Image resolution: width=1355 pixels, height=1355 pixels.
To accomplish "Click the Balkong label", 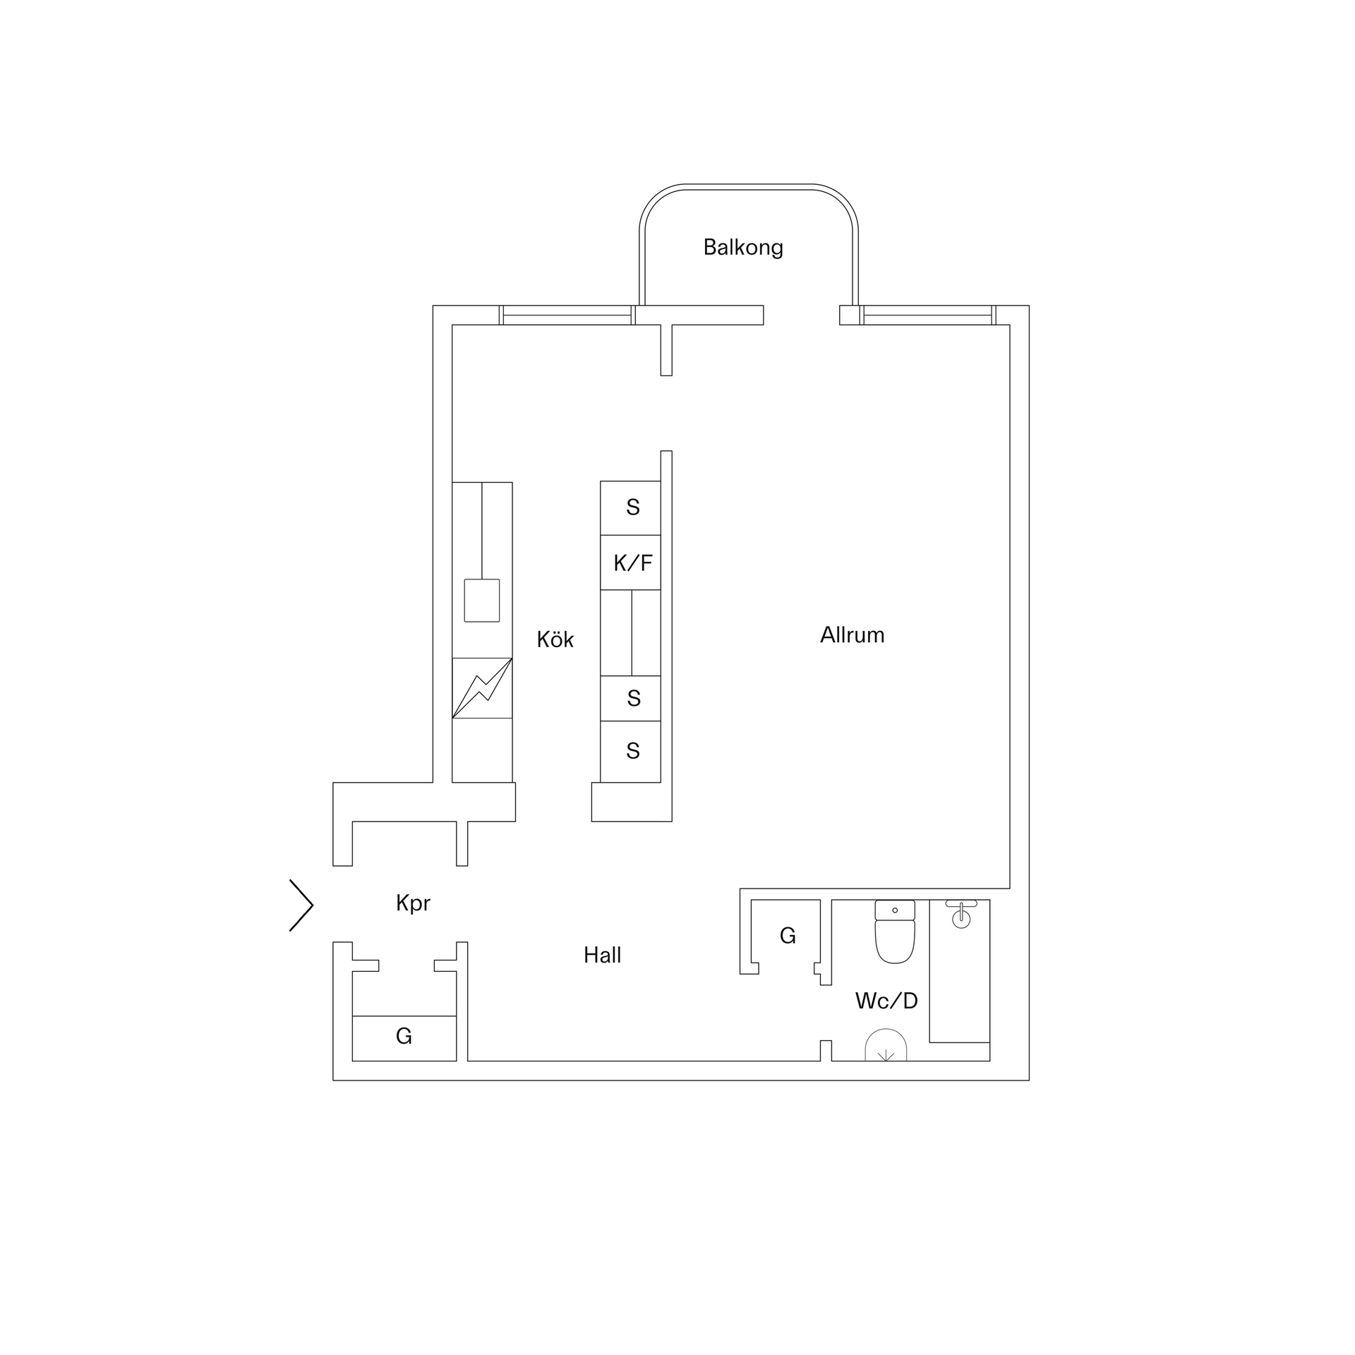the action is (x=743, y=247).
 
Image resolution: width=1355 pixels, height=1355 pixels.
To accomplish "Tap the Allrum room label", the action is (x=852, y=635).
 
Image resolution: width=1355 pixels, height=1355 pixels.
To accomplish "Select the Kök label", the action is (x=555, y=639).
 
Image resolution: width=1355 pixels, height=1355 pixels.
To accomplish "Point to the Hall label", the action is (x=602, y=956).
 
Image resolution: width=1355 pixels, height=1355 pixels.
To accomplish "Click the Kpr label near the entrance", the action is (x=413, y=903).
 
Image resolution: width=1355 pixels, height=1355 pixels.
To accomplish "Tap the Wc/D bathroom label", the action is (x=886, y=1001).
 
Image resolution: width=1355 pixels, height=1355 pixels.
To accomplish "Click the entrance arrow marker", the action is (x=301, y=905).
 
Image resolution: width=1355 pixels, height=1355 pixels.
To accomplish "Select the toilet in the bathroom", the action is (x=895, y=932).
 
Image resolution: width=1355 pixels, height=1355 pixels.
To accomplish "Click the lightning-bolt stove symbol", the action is (x=482, y=688).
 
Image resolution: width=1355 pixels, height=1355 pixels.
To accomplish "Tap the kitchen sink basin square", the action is (x=482, y=601).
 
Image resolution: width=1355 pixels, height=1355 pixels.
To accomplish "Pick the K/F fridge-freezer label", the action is (x=633, y=563).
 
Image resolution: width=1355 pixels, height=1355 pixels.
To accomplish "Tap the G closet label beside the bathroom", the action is (x=788, y=936).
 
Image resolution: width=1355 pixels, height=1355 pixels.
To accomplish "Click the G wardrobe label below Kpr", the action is (x=404, y=1036).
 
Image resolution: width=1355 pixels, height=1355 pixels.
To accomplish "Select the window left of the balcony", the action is (x=567, y=315).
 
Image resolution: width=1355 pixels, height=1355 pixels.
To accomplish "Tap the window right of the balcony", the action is (x=927, y=315).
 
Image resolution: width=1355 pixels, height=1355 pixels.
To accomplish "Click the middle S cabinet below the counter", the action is (x=633, y=699).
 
